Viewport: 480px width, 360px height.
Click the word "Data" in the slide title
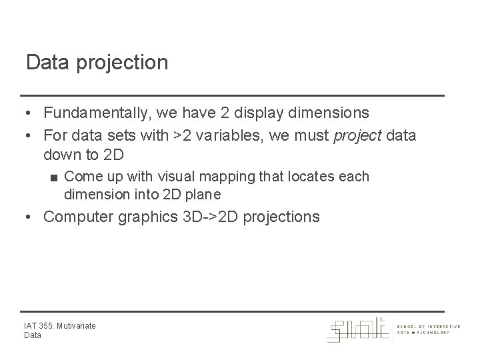(x=44, y=63)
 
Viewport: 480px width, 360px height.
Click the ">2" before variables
(x=181, y=136)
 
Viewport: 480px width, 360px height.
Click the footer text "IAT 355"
(x=39, y=326)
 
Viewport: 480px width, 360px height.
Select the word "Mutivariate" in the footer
(x=76, y=326)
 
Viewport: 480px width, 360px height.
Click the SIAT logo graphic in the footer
(x=359, y=329)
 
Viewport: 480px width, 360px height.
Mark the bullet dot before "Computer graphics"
(x=29, y=217)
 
